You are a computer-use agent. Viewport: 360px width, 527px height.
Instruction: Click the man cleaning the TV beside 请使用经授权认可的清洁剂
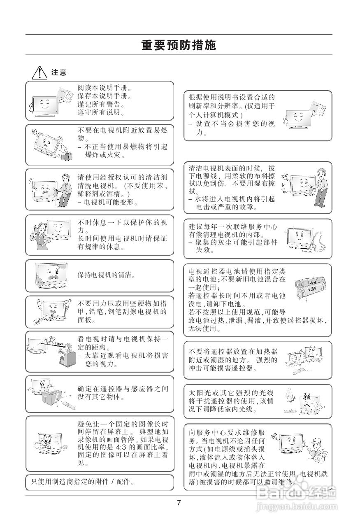(64, 189)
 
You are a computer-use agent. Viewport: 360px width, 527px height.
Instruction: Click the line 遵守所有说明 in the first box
(102, 112)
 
